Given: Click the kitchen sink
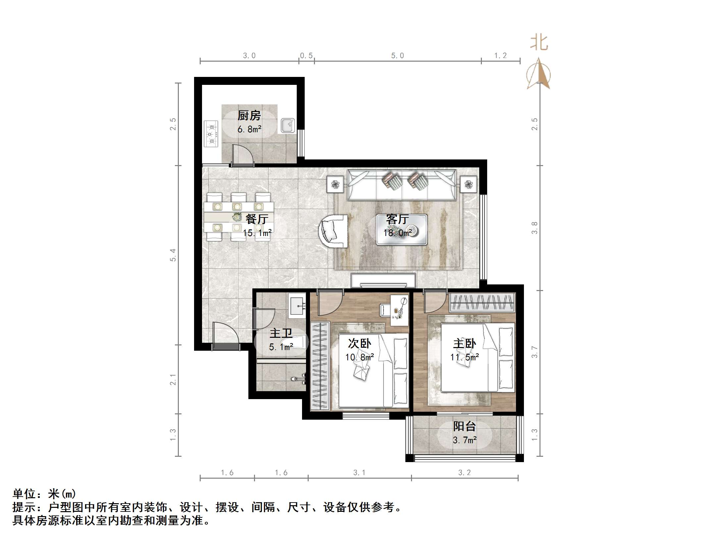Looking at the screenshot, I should coord(287,126).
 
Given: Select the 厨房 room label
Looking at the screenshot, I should coord(249,116).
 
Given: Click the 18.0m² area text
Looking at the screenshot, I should coord(397,233).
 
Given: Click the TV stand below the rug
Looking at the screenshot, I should coord(383,280).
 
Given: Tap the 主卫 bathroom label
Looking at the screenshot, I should coord(281,333).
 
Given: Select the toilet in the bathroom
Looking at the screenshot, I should coord(293,342).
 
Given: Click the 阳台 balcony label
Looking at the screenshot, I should coord(464,426).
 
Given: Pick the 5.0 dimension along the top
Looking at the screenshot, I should coord(397,56).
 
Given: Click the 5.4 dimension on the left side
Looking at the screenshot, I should coord(173,255).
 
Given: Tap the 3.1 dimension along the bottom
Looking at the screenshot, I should coord(359,473).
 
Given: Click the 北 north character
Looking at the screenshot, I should coord(539,43).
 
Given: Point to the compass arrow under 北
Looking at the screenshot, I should coord(539,75).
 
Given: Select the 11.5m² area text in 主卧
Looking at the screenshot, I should coord(464,357).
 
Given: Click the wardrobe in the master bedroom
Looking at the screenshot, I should coord(482,302).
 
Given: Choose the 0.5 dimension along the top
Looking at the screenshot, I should coord(306,56).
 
